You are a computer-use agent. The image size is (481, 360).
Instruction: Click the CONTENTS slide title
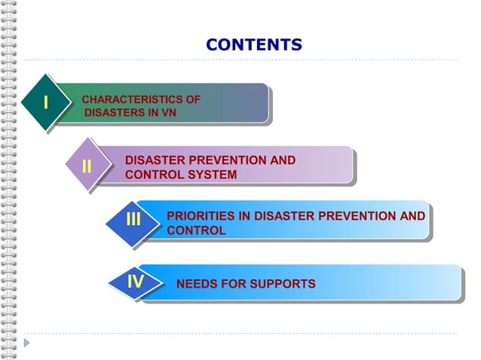pos(253,45)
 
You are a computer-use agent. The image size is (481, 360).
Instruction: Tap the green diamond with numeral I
pos(47,103)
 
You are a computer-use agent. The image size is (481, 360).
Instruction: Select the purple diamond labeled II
pos(87,166)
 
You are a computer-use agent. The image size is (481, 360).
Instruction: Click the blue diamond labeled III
pos(134,219)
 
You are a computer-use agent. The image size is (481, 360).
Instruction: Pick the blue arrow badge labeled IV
pos(136,282)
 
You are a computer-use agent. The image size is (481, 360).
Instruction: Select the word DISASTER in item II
pos(155,160)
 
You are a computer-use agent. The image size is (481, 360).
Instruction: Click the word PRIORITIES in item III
pos(201,217)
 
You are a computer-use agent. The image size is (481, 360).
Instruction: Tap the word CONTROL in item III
pos(195,230)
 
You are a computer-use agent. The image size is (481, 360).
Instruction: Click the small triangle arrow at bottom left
pos(27,343)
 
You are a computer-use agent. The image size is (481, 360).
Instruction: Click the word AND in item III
pos(413,217)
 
